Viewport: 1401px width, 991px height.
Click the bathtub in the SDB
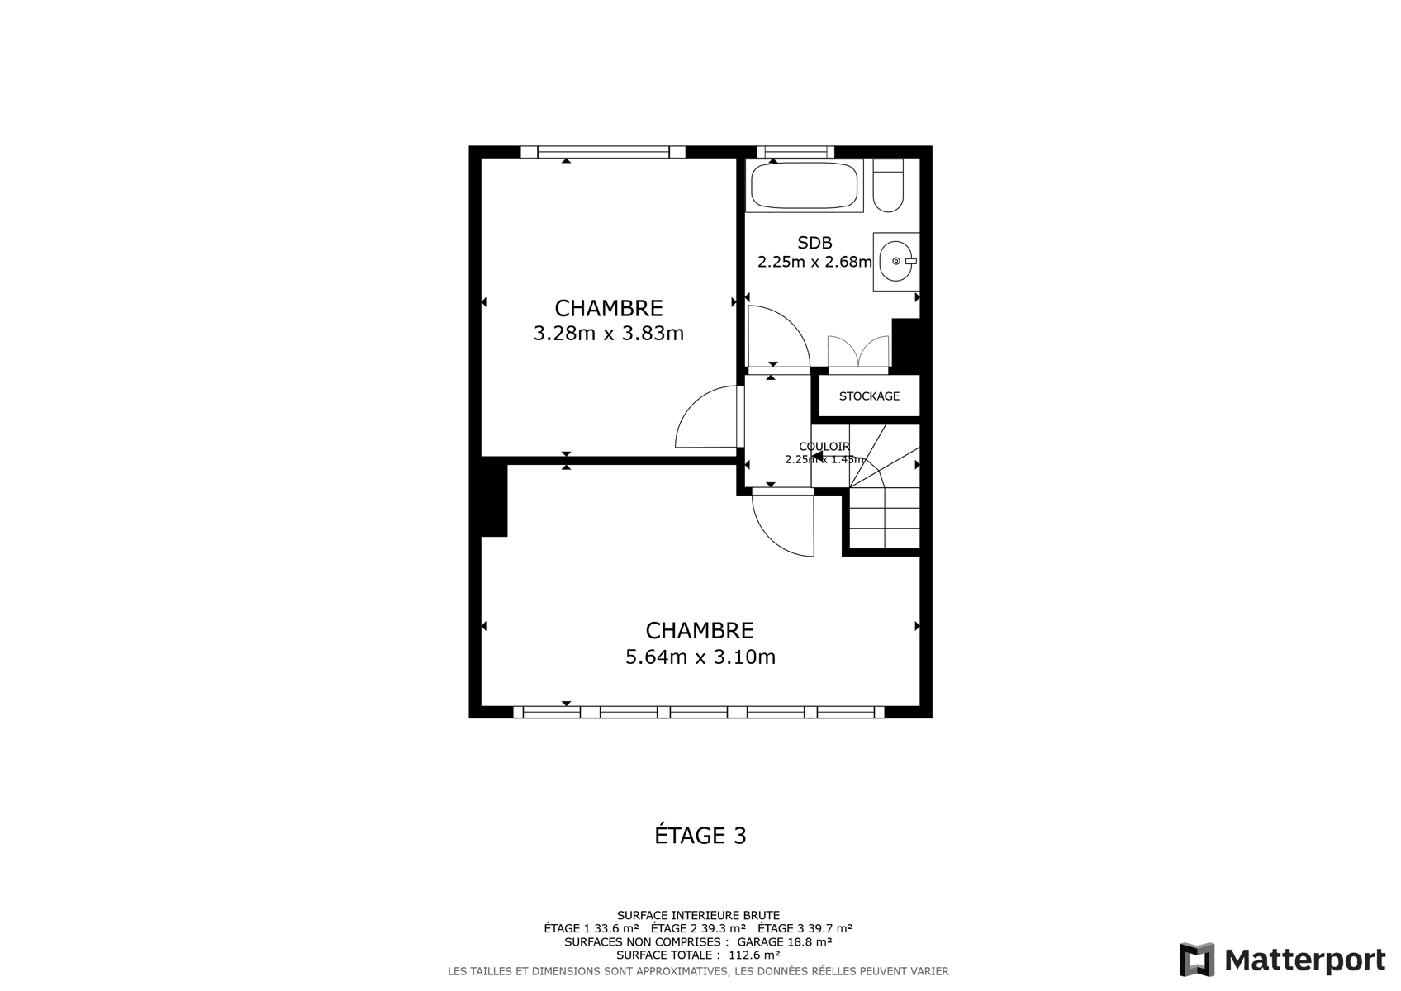point(805,185)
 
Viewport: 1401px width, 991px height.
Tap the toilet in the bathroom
point(888,186)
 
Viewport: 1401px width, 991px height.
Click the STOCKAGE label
point(869,396)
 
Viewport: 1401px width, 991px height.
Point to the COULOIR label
point(824,447)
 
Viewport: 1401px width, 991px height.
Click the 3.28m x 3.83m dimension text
point(609,334)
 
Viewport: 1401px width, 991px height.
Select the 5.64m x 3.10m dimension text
point(700,657)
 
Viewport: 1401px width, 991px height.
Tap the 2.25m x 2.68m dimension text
point(814,262)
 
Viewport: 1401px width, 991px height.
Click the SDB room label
point(814,242)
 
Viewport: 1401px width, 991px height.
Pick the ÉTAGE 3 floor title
point(700,835)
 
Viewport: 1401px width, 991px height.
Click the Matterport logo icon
point(1197,960)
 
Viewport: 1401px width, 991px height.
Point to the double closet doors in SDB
point(858,353)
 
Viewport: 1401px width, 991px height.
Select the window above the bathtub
point(795,152)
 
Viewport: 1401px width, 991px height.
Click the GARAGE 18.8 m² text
point(784,941)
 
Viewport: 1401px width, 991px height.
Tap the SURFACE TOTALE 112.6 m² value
point(754,955)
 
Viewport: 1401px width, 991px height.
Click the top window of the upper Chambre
point(603,152)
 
